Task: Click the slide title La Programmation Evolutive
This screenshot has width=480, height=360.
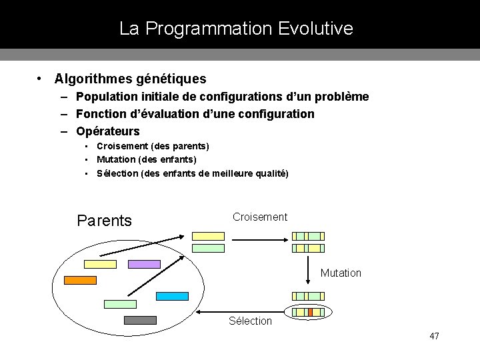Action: (x=236, y=29)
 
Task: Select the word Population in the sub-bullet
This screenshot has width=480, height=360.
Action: (x=106, y=97)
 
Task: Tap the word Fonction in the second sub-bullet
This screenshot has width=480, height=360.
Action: (x=101, y=114)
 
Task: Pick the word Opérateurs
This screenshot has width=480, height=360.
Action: (x=108, y=131)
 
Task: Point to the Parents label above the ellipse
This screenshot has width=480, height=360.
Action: (x=105, y=221)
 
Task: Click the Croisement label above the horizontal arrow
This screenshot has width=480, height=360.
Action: (x=260, y=217)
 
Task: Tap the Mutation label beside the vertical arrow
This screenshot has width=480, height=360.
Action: (x=341, y=273)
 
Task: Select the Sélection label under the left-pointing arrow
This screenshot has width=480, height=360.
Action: (x=250, y=321)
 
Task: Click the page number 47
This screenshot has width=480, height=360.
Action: (x=435, y=336)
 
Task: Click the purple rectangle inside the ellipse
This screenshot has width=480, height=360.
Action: (x=144, y=264)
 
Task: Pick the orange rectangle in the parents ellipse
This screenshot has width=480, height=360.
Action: (x=80, y=280)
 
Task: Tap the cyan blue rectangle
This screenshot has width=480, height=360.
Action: (x=172, y=296)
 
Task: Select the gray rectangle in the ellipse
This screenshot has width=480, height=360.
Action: (x=140, y=320)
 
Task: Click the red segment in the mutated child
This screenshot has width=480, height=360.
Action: (x=310, y=312)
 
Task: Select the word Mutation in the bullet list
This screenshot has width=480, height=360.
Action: (x=117, y=159)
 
